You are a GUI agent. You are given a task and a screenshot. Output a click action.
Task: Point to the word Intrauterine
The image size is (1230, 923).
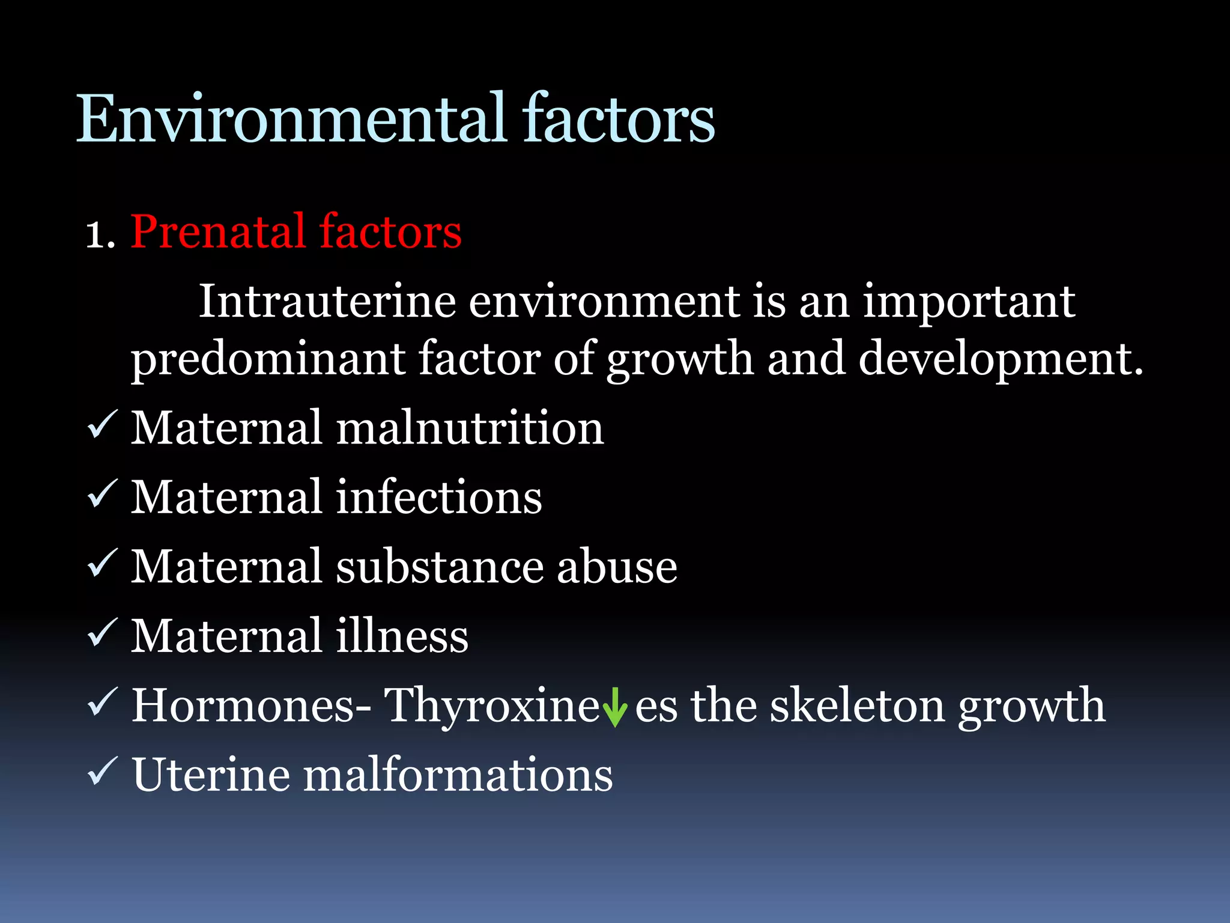tap(327, 301)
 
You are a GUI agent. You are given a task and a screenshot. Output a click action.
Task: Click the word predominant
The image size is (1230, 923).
tap(268, 359)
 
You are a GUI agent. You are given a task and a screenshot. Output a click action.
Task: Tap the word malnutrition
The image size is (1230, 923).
tap(469, 428)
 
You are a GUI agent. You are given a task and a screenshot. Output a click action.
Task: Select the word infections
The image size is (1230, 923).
tap(438, 497)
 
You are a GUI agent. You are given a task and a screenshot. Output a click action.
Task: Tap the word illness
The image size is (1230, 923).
tap(402, 636)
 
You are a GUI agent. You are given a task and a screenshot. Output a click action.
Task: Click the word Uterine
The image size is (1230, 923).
tap(210, 775)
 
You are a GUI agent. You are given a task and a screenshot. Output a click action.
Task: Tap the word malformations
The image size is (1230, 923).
tap(458, 775)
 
